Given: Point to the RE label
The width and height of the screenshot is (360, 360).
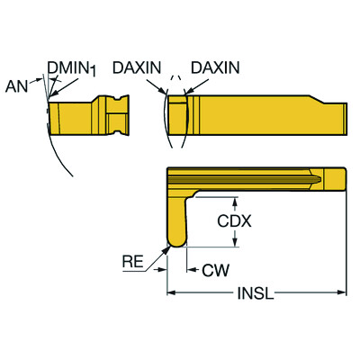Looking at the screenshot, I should pos(132,262).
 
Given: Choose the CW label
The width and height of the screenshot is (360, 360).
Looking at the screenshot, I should pos(213,268).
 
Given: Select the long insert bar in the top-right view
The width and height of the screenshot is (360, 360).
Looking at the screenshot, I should pos(261,116).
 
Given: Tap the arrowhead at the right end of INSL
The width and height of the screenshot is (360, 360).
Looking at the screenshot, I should pos(343,292).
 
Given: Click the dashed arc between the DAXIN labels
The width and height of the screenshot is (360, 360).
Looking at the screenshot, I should pos(176,89).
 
